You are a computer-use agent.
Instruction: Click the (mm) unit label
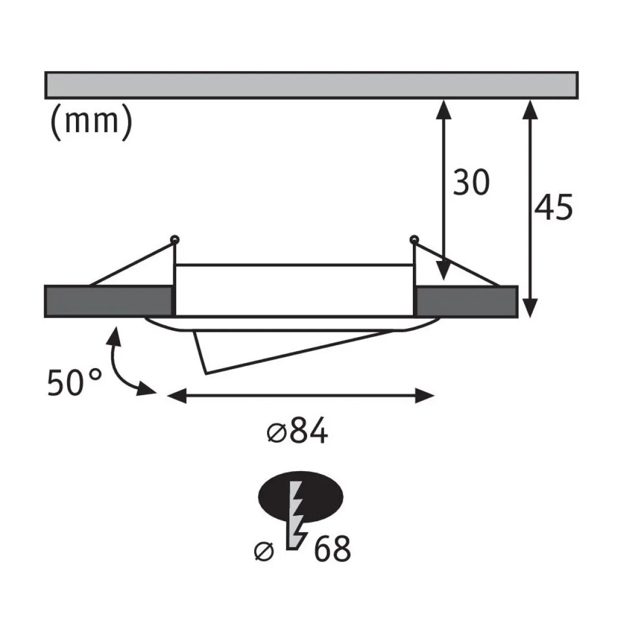tap(91, 122)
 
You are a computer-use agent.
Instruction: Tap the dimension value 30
tap(471, 182)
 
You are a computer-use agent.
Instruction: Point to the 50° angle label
tap(74, 383)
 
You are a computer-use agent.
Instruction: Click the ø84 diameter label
tap(297, 431)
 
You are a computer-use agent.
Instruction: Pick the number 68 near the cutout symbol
tap(332, 549)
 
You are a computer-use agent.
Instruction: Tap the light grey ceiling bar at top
tap(312, 85)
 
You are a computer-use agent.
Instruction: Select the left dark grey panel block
tap(108, 302)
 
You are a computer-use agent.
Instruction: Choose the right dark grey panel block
tap(467, 302)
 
